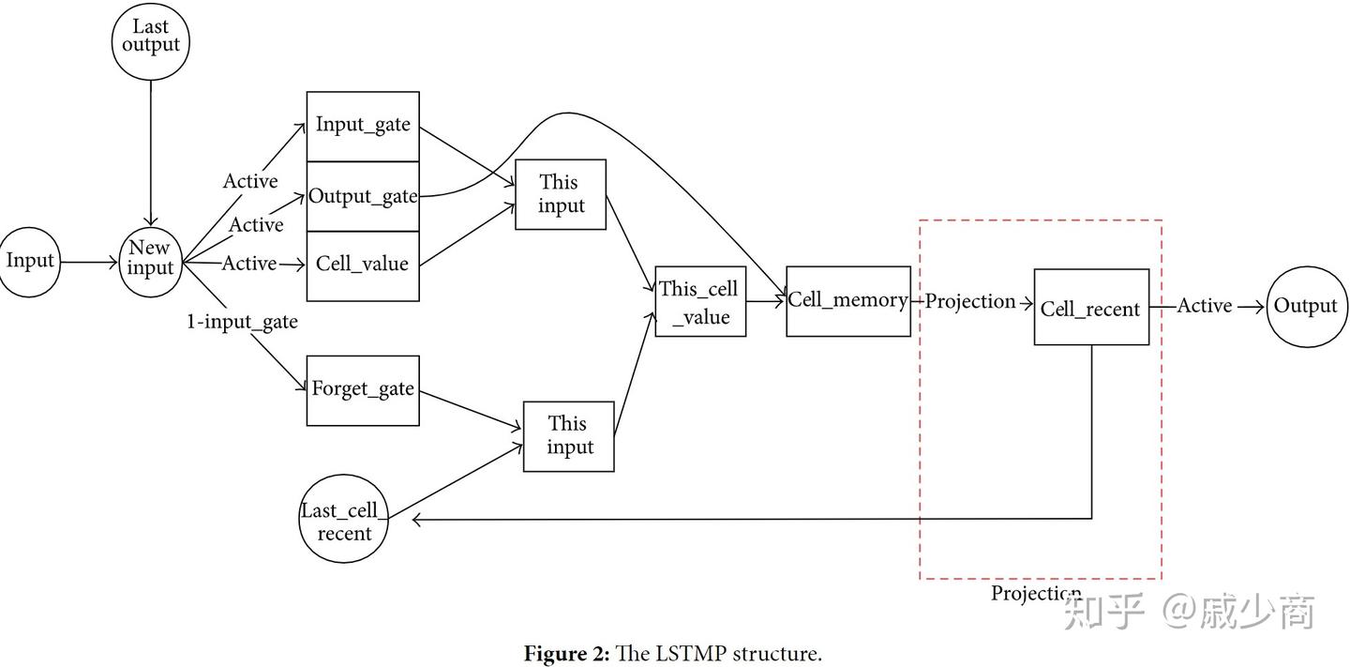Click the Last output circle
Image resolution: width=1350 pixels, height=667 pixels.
pyautogui.click(x=150, y=42)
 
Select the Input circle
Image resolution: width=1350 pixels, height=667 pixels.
pyautogui.click(x=30, y=262)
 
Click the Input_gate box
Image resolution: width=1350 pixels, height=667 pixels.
pyautogui.click(x=363, y=126)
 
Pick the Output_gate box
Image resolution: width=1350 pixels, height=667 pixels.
pyautogui.click(x=363, y=196)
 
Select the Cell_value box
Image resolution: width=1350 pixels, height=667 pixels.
pyautogui.click(x=363, y=265)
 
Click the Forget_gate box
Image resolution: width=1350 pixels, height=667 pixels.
pyautogui.click(x=363, y=390)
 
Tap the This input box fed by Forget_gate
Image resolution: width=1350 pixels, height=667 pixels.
pyautogui.click(x=569, y=436)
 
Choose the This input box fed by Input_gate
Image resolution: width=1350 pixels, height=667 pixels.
pyautogui.click(x=561, y=194)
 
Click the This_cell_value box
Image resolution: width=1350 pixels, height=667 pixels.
pyautogui.click(x=700, y=302)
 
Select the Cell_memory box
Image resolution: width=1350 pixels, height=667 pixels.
pyautogui.click(x=847, y=301)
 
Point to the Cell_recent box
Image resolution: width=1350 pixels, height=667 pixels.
pyautogui.click(x=1091, y=308)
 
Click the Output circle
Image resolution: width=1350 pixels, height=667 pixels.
pyautogui.click(x=1307, y=307)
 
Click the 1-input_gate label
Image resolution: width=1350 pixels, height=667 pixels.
pyautogui.click(x=242, y=322)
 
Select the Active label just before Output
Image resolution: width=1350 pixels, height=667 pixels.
pyautogui.click(x=1205, y=306)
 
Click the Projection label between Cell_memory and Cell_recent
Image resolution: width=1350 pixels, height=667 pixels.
pyautogui.click(x=970, y=301)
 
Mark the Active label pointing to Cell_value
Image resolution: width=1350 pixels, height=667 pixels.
pyautogui.click(x=249, y=264)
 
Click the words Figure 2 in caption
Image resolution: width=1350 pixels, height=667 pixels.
pyautogui.click(x=566, y=654)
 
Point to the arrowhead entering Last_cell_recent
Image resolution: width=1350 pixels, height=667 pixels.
pyautogui.click(x=416, y=521)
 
